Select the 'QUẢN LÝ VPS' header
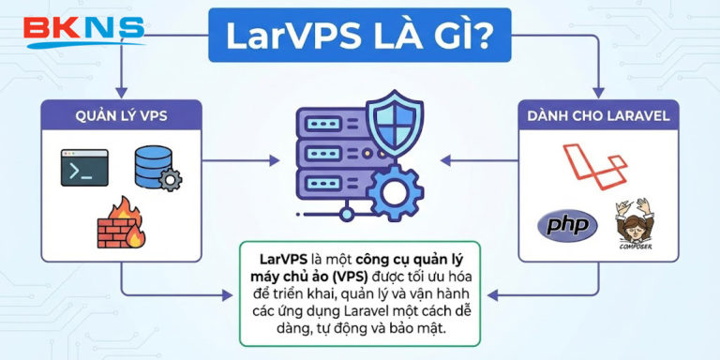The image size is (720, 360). (x=122, y=115)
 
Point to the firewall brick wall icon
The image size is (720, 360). (x=120, y=224)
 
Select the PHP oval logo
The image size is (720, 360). (x=566, y=226)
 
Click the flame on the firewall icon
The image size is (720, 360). (x=135, y=230)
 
